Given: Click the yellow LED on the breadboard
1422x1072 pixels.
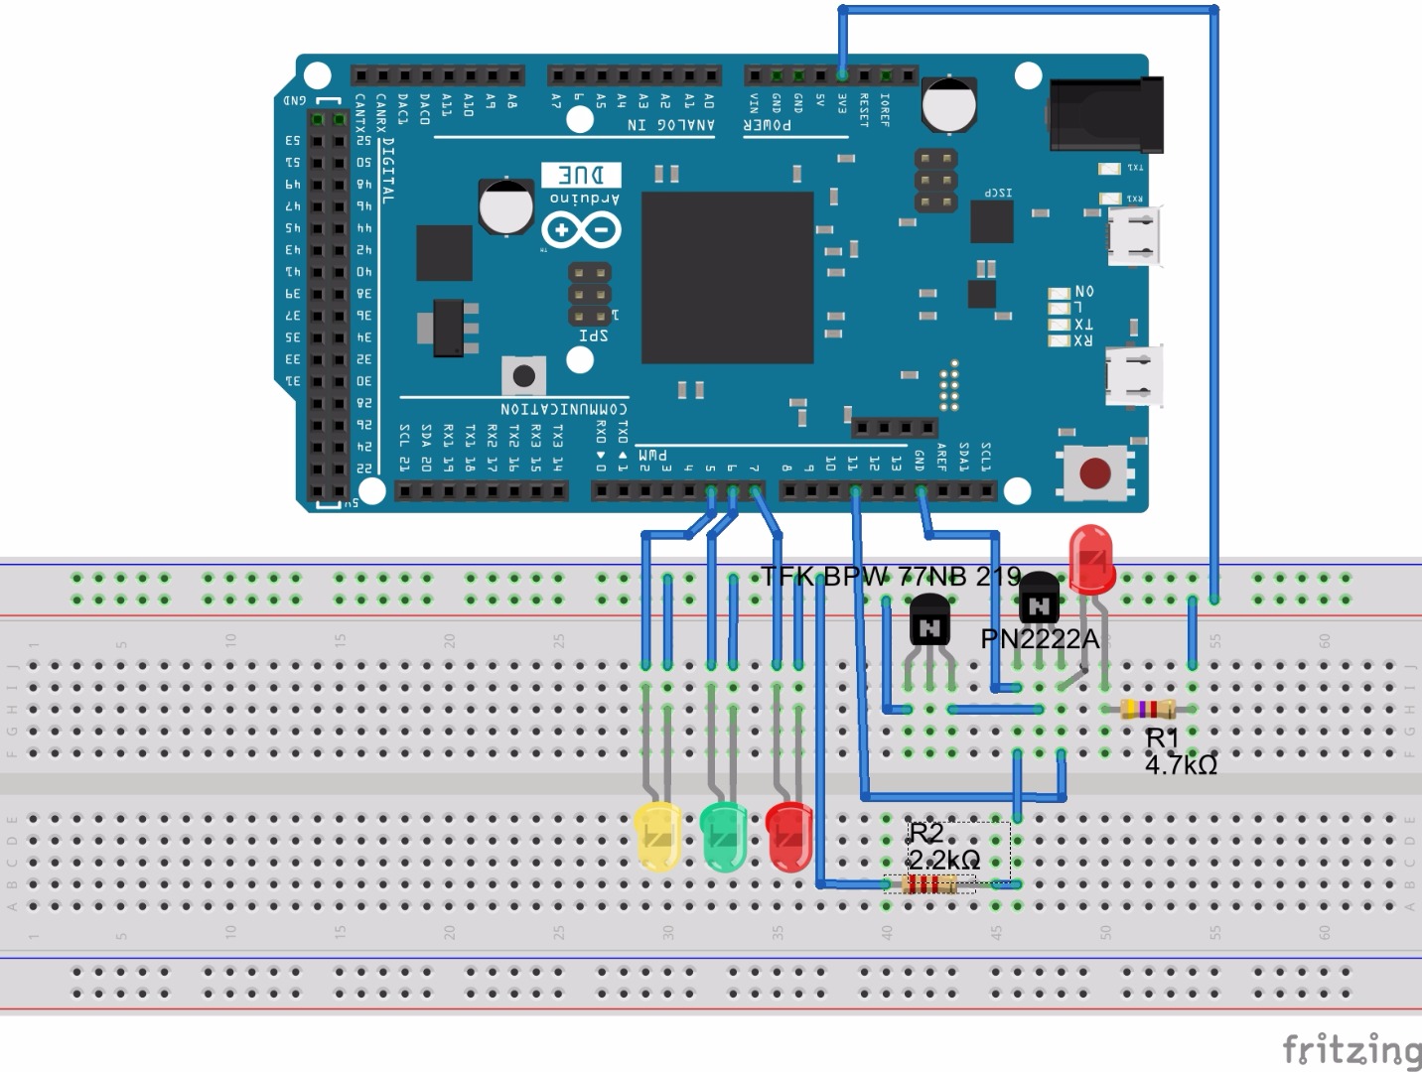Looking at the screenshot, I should pyautogui.click(x=657, y=837).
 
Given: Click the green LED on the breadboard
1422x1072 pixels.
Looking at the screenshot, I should pyautogui.click(x=723, y=837).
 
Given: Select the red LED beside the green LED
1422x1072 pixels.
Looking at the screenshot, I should pyautogui.click(x=789, y=837).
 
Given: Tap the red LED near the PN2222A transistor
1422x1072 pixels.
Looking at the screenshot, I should pyautogui.click(x=1091, y=558).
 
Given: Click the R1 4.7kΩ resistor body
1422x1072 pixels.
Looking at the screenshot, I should pyautogui.click(x=1147, y=709).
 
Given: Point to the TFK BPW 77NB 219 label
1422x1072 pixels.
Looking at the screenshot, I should pyautogui.click(x=891, y=577).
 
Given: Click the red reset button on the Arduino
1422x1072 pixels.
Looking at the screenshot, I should pyautogui.click(x=1094, y=473).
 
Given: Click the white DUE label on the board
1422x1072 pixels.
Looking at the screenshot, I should pyautogui.click(x=582, y=176).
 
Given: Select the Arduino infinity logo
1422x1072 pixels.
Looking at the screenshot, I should pyautogui.click(x=581, y=230).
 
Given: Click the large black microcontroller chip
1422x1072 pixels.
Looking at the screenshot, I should pyautogui.click(x=728, y=278).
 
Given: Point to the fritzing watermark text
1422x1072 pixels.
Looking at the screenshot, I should pyautogui.click(x=1351, y=1049).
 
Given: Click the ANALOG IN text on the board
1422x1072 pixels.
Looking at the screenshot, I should pyautogui.click(x=670, y=125).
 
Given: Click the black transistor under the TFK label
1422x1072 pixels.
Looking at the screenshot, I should pyautogui.click(x=929, y=622).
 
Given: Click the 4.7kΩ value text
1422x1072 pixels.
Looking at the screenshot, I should pyautogui.click(x=1181, y=765).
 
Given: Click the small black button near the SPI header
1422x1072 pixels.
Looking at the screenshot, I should pyautogui.click(x=523, y=376).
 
